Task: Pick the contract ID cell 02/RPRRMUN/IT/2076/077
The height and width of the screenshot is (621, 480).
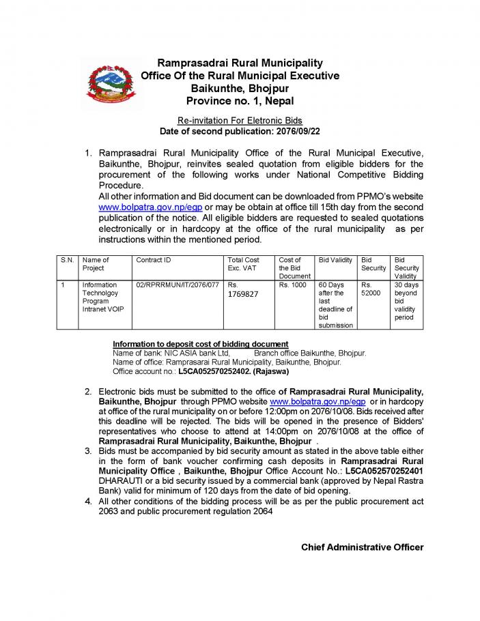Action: tap(178, 285)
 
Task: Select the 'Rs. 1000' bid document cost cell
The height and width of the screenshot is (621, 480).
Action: tap(293, 285)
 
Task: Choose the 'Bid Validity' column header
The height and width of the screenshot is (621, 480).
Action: tap(335, 260)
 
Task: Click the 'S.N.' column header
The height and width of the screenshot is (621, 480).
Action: tap(67, 260)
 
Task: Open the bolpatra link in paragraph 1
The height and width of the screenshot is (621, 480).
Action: tap(151, 207)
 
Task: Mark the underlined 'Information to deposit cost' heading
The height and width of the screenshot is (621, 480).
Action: tap(201, 343)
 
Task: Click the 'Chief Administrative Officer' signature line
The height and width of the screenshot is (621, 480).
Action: tap(362, 547)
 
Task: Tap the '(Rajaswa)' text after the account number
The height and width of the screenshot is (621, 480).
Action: tap(271, 372)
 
